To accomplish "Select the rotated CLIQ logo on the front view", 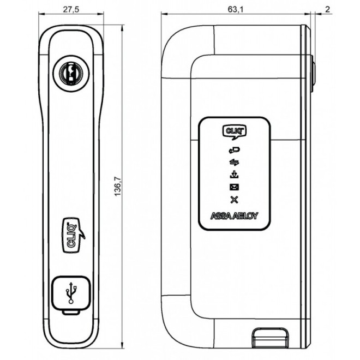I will point(69,235).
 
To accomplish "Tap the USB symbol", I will point(70,294).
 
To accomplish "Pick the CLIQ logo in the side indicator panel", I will point(234,131).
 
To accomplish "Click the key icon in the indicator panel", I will point(234,151).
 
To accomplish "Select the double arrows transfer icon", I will point(234,162).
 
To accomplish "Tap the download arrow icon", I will point(234,175).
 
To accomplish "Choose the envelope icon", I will point(234,187).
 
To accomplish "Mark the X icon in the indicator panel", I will point(234,200).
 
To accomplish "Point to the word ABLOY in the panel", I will point(245,215).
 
